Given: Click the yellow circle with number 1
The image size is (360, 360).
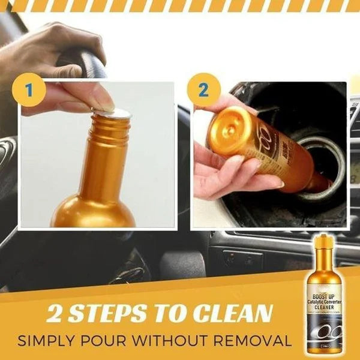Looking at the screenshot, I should [x=28, y=91].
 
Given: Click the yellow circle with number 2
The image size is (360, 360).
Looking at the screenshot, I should [x=202, y=91].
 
